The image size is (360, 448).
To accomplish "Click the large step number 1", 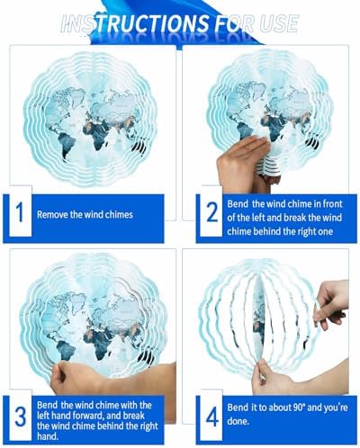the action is click(20, 212).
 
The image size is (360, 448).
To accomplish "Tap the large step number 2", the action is click(212, 212).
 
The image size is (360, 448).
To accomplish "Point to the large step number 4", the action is click(212, 417).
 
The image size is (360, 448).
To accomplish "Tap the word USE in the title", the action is click(279, 23).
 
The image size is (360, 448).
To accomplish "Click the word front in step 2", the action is click(332, 204).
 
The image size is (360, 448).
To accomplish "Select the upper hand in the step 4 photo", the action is click(330, 303).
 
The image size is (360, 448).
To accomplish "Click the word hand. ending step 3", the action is click(48, 436).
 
